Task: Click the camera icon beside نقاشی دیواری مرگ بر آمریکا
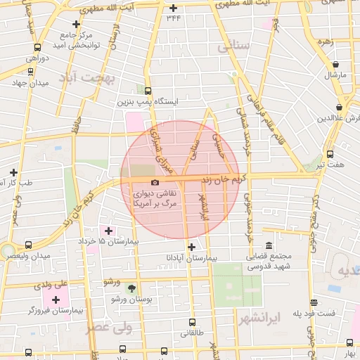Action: click(155, 183)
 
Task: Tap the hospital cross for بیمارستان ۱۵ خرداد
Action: click(108, 230)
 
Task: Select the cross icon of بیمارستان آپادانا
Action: click(191, 246)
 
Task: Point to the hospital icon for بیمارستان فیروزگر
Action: click(56, 300)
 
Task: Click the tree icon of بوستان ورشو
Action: click(131, 288)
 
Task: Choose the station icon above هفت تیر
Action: click(330, 154)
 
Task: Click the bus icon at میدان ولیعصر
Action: click(28, 245)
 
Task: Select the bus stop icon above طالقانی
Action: click(192, 323)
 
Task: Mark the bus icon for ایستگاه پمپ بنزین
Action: click(148, 91)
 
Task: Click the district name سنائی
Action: click(233, 48)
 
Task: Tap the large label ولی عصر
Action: click(109, 327)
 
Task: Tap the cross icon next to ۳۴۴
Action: click(174, 8)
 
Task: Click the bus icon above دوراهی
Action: click(37, 48)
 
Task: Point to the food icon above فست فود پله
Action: click(314, 303)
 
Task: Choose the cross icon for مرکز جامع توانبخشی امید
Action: click(77, 24)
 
